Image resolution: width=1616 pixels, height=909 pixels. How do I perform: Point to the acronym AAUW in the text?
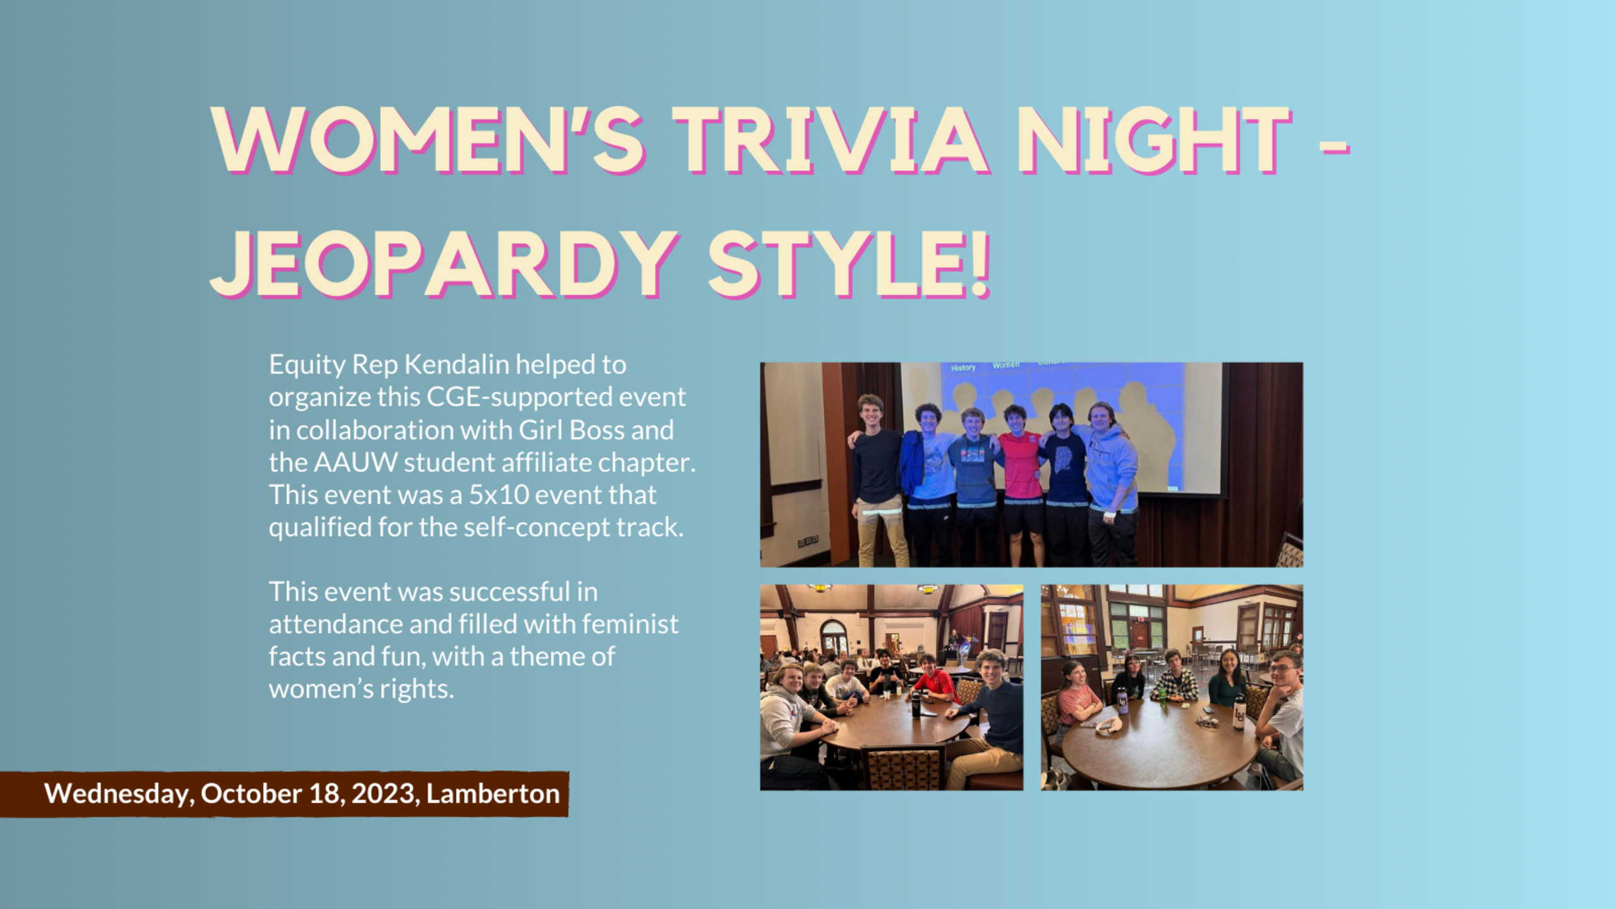[355, 462]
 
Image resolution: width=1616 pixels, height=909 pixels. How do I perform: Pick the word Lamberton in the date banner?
[493, 793]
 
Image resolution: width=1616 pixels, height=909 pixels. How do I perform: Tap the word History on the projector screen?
[963, 368]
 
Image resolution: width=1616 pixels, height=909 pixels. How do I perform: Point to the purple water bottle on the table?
[1122, 701]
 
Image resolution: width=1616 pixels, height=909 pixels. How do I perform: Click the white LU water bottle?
[1239, 712]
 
